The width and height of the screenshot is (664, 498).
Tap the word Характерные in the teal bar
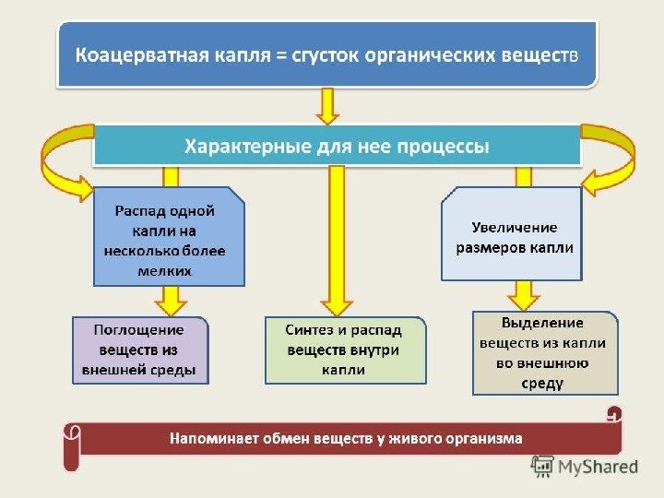point(234,147)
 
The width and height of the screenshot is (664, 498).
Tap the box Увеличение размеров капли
point(513,237)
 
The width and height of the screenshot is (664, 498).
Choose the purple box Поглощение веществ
point(138,351)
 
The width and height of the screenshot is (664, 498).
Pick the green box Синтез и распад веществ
point(345,351)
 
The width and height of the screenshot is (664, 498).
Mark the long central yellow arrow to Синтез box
point(337,240)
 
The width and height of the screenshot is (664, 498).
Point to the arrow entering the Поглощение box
point(171,301)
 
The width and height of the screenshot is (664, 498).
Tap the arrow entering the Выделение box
point(523,295)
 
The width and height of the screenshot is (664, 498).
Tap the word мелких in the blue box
point(169,271)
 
